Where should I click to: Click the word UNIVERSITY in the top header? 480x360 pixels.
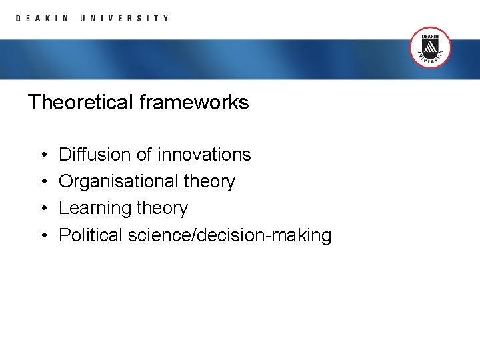(124, 19)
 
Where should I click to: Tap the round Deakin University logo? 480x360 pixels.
(430, 47)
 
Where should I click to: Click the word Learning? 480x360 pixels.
(95, 209)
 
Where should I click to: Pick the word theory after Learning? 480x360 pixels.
(162, 209)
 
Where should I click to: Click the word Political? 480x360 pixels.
(91, 235)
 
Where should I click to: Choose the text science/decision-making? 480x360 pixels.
(229, 235)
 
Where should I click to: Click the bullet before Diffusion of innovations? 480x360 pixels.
(42, 155)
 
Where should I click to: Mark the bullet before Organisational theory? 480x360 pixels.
(42, 182)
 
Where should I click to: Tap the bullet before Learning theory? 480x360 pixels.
(42, 209)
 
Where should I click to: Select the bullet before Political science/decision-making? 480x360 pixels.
(42, 235)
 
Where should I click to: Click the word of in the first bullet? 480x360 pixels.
(144, 155)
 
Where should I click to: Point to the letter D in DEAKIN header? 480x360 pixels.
(19, 19)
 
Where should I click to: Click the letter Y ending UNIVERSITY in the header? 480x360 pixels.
(166, 19)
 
